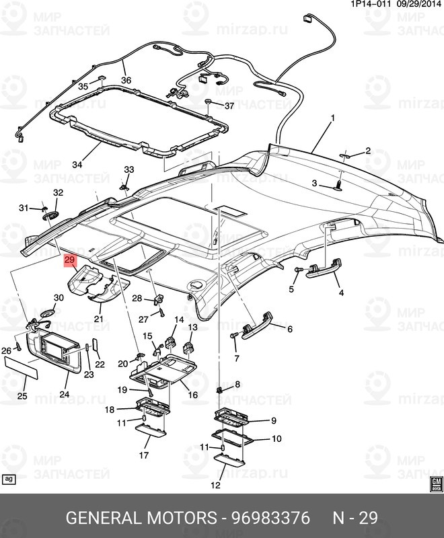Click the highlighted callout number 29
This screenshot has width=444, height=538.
(x=71, y=260)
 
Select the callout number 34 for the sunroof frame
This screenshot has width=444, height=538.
(x=77, y=164)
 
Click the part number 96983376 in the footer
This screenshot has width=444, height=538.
(x=270, y=518)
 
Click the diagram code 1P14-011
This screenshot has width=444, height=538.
(x=368, y=5)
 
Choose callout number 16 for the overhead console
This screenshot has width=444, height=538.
(x=192, y=395)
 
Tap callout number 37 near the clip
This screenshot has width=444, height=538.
(x=229, y=106)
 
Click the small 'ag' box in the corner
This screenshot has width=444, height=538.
(x=9, y=479)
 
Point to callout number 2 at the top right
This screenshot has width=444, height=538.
(x=368, y=151)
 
